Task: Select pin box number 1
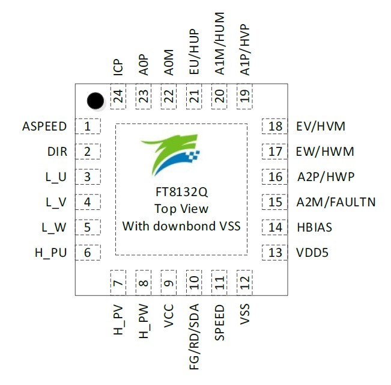click(x=88, y=127)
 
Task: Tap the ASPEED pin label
click(x=44, y=127)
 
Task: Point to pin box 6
click(x=88, y=253)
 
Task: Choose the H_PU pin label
click(x=50, y=253)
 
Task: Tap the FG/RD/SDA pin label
click(x=194, y=335)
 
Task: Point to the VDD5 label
click(x=312, y=253)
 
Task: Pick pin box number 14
click(x=275, y=227)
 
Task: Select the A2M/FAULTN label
click(x=336, y=202)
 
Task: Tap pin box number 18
click(x=275, y=127)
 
